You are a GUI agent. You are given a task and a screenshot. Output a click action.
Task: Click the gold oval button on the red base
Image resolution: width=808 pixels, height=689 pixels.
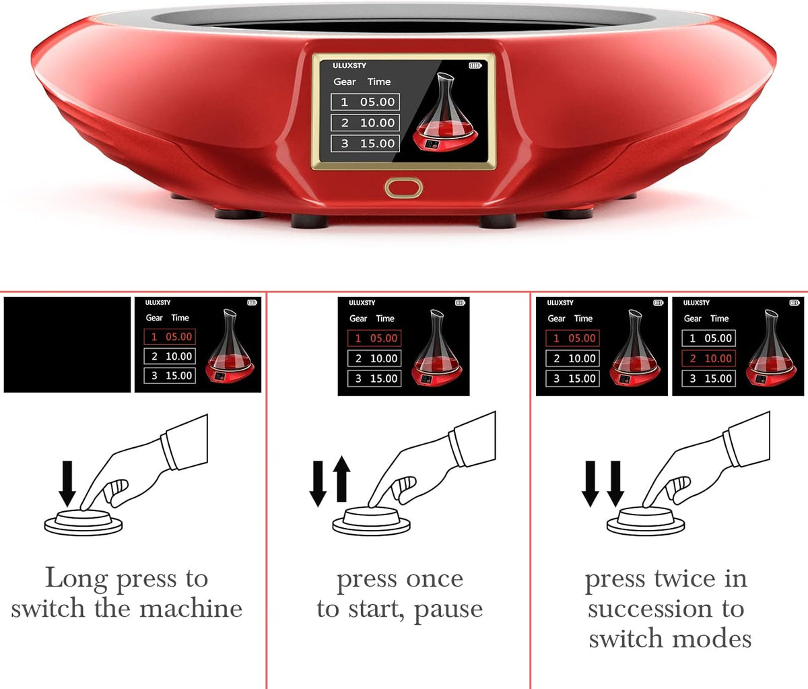tap(403, 188)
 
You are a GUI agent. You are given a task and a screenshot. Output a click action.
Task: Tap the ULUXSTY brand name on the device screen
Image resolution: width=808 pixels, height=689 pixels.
tap(349, 65)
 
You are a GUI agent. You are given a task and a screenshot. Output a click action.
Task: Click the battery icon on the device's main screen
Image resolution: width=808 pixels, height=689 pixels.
tap(475, 65)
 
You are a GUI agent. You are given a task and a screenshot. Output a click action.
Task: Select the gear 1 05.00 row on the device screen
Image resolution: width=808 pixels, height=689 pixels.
tap(365, 102)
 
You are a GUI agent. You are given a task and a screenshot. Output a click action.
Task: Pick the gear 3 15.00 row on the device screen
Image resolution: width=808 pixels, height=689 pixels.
tap(365, 143)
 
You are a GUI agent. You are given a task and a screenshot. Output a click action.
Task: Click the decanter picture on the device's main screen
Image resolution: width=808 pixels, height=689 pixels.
tap(445, 112)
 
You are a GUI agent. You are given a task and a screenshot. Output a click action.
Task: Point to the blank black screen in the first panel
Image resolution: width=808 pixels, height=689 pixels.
tap(67, 344)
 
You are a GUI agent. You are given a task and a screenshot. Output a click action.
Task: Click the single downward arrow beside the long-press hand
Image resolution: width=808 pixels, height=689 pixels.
tap(67, 484)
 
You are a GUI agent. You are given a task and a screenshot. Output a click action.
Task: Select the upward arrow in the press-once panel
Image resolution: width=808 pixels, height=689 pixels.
tap(341, 479)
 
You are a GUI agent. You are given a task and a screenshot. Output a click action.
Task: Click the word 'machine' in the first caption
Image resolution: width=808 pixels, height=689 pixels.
tap(191, 609)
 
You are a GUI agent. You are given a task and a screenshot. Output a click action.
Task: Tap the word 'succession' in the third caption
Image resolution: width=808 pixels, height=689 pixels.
tap(650, 609)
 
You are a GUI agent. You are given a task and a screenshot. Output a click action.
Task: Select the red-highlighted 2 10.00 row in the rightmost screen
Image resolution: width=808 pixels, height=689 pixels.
tap(708, 358)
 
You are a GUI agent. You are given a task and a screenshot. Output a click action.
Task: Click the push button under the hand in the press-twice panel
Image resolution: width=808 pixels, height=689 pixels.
tap(645, 521)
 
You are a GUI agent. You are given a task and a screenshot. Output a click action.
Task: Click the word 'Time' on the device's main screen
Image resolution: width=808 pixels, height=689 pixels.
tap(379, 81)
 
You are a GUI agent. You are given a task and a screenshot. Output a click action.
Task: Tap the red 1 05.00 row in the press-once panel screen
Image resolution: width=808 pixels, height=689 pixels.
tap(374, 338)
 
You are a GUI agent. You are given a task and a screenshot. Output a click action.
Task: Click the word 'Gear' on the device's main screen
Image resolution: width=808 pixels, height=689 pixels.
tap(344, 81)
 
